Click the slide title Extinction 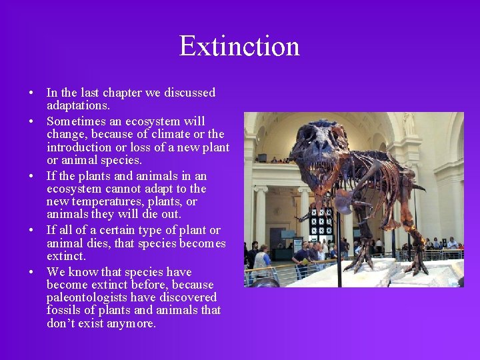[x=239, y=46]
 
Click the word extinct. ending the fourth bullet [x=66, y=256]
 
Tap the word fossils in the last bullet [x=64, y=311]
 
